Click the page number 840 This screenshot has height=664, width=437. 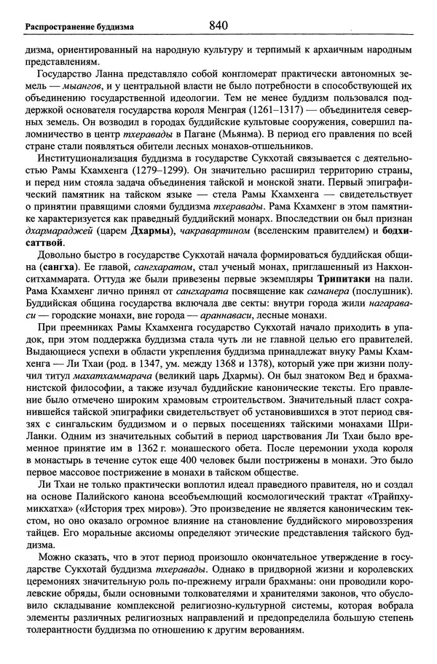point(219,25)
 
